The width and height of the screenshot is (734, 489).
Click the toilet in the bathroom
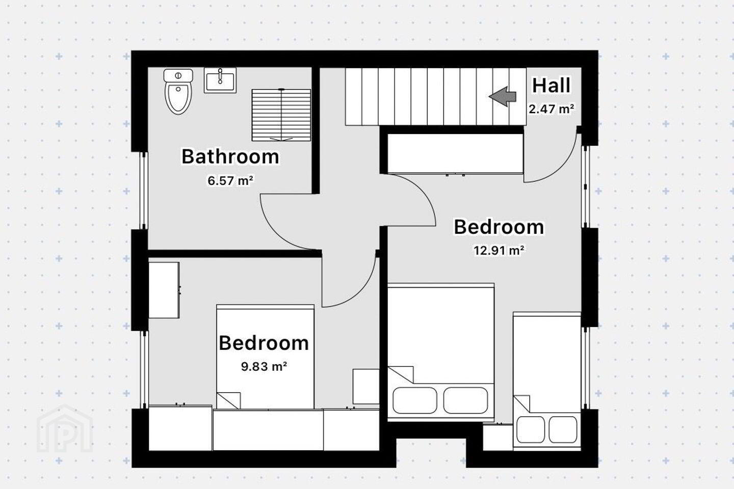click(178, 91)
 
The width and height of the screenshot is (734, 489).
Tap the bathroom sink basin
click(220, 80)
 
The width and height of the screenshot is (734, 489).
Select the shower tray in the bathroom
click(281, 115)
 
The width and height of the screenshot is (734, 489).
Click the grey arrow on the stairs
click(503, 97)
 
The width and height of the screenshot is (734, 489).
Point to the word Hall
click(551, 86)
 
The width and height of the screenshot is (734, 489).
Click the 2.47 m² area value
click(551, 108)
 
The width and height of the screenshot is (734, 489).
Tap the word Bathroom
click(230, 156)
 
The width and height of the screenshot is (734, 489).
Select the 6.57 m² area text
click(230, 180)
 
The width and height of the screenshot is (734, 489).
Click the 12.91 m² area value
click(499, 251)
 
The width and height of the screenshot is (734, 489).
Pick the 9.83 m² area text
click(264, 366)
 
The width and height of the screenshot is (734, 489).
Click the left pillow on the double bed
click(415, 400)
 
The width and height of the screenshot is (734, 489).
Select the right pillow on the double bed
click(466, 400)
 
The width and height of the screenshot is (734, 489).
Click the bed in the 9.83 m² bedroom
click(265, 357)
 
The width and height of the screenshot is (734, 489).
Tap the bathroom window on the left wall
click(144, 191)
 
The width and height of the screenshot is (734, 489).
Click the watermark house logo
click(65, 429)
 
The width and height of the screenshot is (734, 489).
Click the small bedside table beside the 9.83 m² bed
click(366, 387)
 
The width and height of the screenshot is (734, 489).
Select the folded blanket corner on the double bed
click(401, 374)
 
